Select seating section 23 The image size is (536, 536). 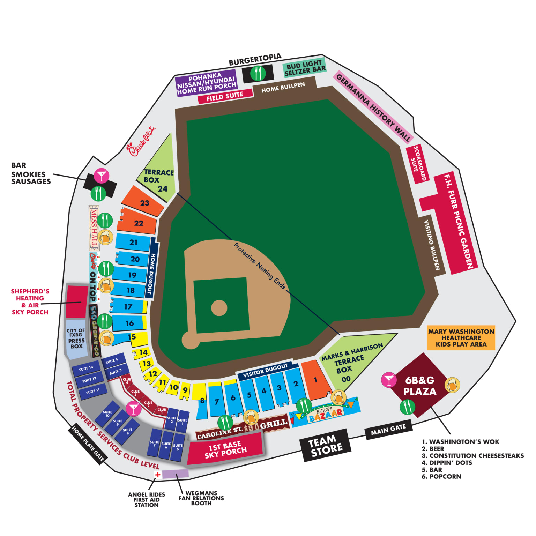point(143,202)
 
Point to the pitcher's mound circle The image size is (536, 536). point(219,308)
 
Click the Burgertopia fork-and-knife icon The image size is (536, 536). point(258,73)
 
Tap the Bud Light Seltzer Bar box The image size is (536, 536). point(305,67)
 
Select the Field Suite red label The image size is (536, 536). point(225,96)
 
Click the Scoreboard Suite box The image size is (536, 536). point(418,164)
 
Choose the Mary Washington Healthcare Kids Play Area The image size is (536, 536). point(461,338)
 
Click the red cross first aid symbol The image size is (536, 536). point(158,475)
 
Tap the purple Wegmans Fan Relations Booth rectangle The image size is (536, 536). point(176,474)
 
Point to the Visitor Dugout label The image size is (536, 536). point(266,371)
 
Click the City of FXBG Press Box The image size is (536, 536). point(76,338)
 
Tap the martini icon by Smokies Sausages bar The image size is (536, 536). point(102,176)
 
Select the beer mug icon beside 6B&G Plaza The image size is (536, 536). point(452,385)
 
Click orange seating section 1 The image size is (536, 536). point(315,380)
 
